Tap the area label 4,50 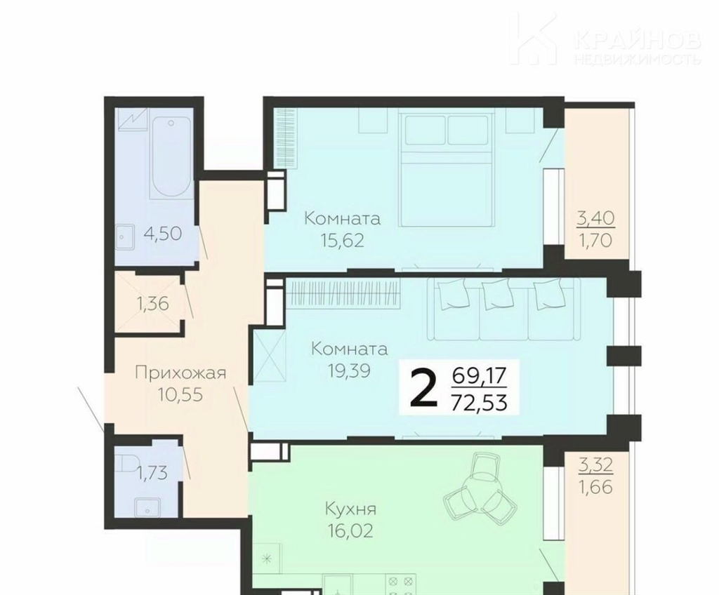(163, 234)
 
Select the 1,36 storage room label (153, 303)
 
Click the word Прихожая (180, 373)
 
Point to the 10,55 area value (180, 395)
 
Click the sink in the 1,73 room (147, 509)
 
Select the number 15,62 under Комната (343, 240)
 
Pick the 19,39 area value (350, 370)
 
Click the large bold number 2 (422, 389)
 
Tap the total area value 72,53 (479, 403)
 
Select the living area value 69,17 (479, 377)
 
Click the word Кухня (351, 509)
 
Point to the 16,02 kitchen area (351, 531)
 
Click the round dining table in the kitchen (477, 490)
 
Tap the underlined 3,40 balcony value (595, 218)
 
